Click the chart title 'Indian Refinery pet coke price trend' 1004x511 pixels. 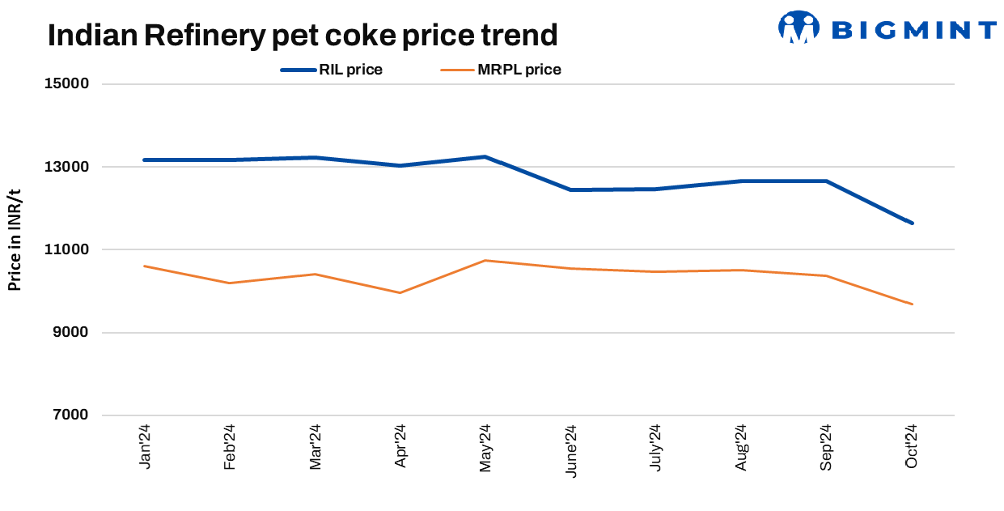[303, 35]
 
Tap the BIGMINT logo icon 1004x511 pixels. [799, 27]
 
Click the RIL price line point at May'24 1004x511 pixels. [485, 156]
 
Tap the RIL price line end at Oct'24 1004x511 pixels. [912, 223]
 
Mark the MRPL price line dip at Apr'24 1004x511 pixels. [400, 292]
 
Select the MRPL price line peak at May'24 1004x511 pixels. [485, 261]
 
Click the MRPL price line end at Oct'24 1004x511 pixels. [912, 304]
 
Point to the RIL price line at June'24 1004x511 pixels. [570, 189]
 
